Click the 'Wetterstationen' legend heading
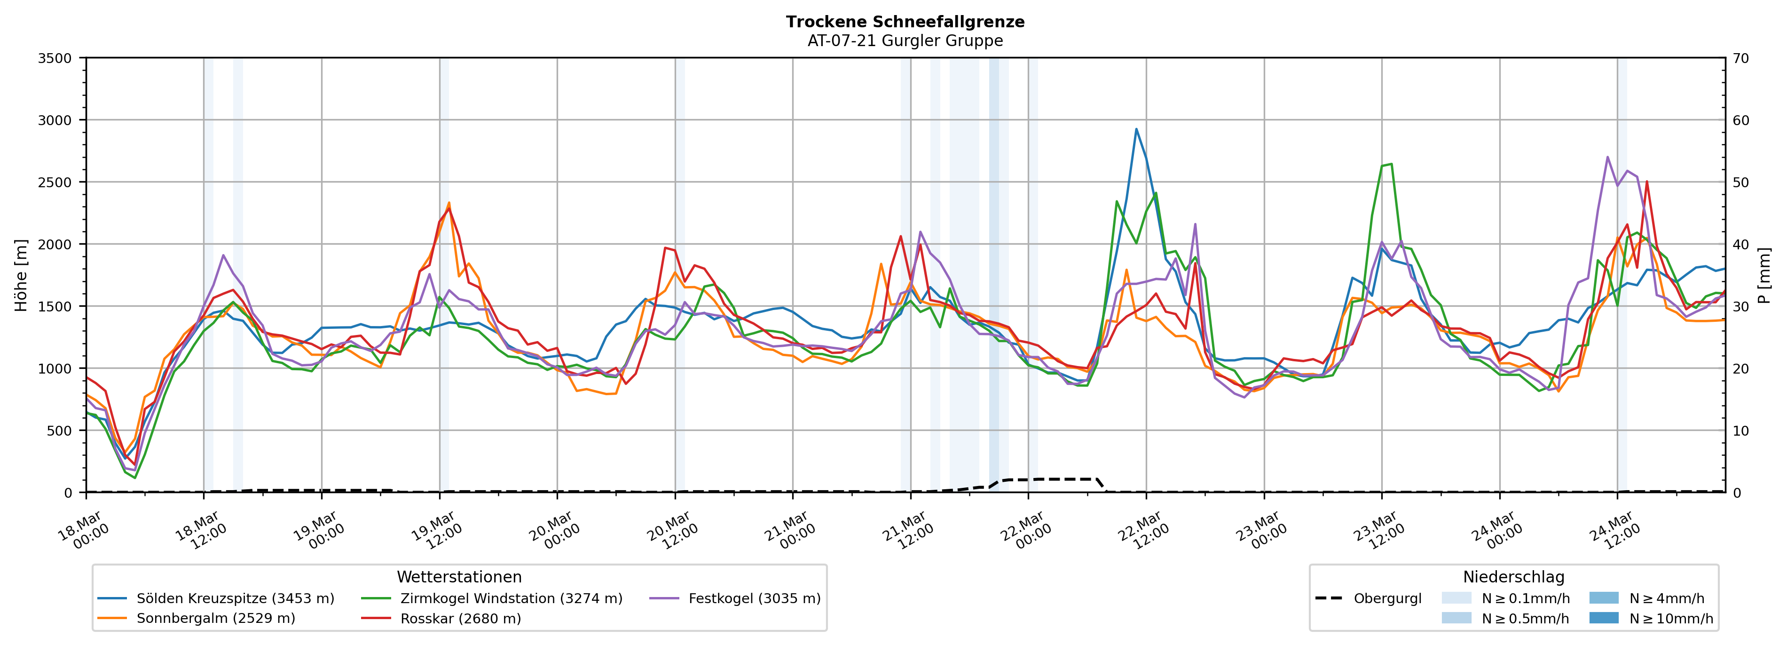[x=459, y=577]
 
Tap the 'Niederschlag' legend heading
[x=1514, y=577]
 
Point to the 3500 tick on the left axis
[x=55, y=58]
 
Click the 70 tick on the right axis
[x=1740, y=58]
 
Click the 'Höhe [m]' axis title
[x=21, y=275]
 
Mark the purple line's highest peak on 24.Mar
[x=1607, y=157]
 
